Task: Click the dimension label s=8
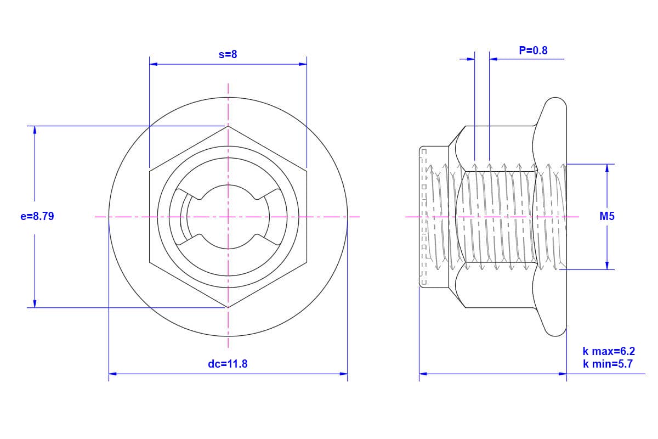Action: click(x=228, y=54)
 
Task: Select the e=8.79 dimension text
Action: click(x=37, y=216)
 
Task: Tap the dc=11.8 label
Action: click(x=228, y=364)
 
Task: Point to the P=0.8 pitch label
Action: click(x=533, y=50)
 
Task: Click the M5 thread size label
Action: click(x=607, y=216)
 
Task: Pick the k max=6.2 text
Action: click(x=609, y=351)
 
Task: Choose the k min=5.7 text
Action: click(x=608, y=364)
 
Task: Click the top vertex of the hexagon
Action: click(x=228, y=126)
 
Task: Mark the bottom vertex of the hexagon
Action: click(x=228, y=307)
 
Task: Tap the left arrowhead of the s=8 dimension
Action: click(x=153, y=64)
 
